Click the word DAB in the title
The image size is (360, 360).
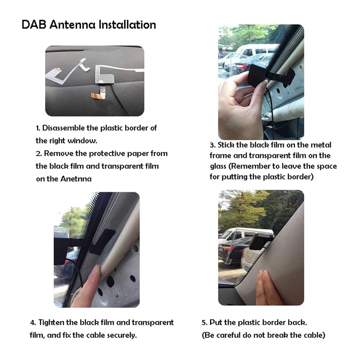click(34, 25)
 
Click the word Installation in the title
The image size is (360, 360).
click(127, 25)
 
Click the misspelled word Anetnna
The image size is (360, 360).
click(76, 179)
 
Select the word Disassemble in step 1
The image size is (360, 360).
click(63, 128)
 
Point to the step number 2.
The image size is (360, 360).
click(39, 153)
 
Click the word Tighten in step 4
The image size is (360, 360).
click(51, 323)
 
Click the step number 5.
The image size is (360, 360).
click(204, 323)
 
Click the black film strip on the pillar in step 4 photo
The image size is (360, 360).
click(101, 242)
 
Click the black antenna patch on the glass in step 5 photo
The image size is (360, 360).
click(258, 243)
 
